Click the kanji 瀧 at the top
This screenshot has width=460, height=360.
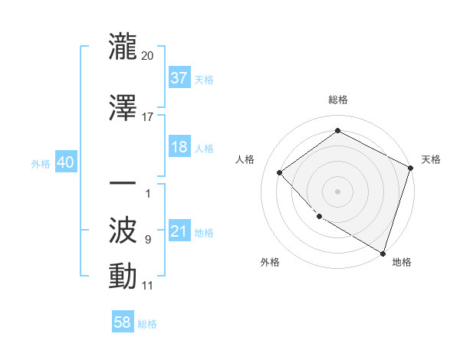pyautogui.click(x=123, y=46)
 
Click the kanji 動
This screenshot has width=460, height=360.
pyautogui.click(x=123, y=276)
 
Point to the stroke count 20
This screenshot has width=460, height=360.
pyautogui.click(x=148, y=56)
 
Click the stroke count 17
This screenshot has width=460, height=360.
pyautogui.click(x=148, y=117)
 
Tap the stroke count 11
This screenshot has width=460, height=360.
pyautogui.click(x=148, y=286)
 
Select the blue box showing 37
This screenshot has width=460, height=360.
pyautogui.click(x=179, y=78)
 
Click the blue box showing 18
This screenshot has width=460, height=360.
pyautogui.click(x=179, y=147)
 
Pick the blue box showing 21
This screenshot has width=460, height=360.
pyautogui.click(x=179, y=231)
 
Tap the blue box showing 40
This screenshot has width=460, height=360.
pyautogui.click(x=65, y=162)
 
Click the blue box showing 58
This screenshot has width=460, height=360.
pyautogui.click(x=123, y=322)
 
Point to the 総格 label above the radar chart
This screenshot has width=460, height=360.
pyautogui.click(x=337, y=100)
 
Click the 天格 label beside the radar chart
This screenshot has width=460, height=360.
pyautogui.click(x=432, y=159)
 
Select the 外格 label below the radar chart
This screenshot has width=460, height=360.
pyautogui.click(x=270, y=262)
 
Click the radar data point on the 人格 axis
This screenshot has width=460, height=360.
pyautogui.click(x=280, y=172)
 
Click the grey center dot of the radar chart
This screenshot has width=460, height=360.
pyautogui.click(x=337, y=191)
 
